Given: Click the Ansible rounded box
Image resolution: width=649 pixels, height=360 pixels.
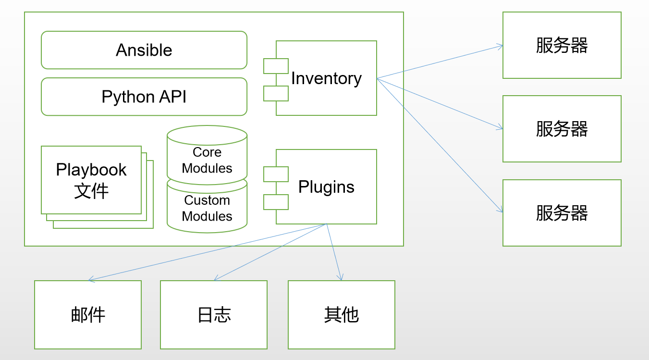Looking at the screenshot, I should [x=144, y=50].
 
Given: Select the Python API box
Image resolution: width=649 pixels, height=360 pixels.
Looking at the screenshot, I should [x=144, y=97].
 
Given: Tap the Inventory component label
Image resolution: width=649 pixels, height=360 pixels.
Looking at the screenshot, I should [x=326, y=78].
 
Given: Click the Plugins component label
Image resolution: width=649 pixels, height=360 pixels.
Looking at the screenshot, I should [x=326, y=187].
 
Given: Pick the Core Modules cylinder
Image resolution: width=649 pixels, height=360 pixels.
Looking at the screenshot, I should [x=207, y=159].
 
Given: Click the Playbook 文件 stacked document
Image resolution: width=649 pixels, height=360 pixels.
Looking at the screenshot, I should [x=91, y=180].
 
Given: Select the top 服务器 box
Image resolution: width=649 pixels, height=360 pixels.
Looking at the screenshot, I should [x=562, y=45].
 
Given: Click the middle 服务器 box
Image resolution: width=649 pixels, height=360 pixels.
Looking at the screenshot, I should [x=562, y=129].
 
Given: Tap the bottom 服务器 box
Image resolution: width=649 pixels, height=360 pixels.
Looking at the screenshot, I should [x=562, y=213].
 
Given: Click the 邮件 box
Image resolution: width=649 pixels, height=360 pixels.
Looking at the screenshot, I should [x=88, y=315].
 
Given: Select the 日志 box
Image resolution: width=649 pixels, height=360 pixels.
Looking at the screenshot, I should [x=214, y=315].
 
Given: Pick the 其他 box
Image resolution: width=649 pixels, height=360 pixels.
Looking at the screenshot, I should [x=341, y=315].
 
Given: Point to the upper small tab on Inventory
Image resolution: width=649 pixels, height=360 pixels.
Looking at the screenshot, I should [x=276, y=66].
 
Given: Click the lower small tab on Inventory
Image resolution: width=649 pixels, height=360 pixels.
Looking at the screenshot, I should [x=276, y=93].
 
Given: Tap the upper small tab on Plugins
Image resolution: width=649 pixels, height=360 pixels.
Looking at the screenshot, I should [x=276, y=174].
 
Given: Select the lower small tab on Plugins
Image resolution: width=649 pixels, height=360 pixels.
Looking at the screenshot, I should [x=276, y=202].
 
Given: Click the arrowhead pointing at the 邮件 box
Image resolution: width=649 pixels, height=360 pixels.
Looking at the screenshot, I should [x=90, y=280].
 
